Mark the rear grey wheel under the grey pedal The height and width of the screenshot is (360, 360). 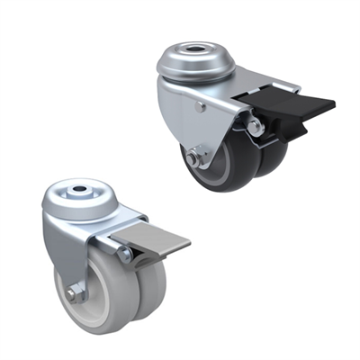(x=151, y=288)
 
